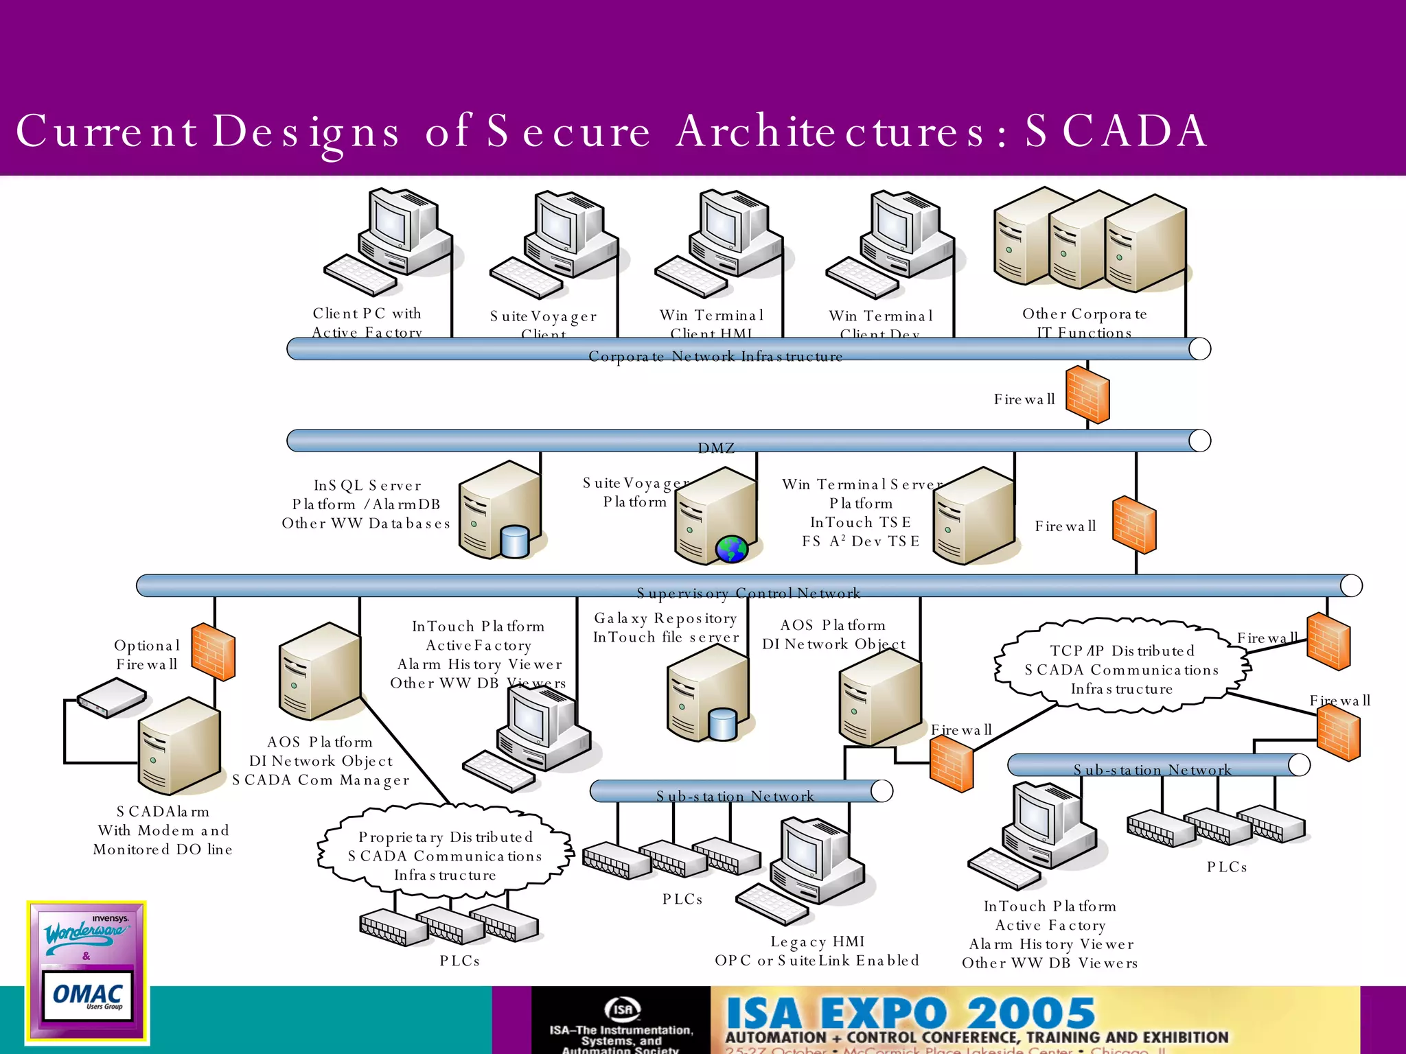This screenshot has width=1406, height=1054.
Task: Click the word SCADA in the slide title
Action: [1116, 131]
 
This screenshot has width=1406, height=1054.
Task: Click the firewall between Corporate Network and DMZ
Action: [1087, 395]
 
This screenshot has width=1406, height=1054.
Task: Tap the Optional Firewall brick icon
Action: [214, 651]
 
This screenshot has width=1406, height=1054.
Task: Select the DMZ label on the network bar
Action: [716, 448]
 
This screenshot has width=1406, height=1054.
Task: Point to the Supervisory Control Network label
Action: [748, 593]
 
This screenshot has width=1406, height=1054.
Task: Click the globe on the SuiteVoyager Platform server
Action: [732, 549]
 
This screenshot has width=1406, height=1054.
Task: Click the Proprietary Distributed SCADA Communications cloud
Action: [445, 856]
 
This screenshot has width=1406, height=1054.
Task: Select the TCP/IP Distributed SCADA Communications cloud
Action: [1121, 669]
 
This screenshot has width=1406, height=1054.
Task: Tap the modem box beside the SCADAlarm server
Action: [111, 697]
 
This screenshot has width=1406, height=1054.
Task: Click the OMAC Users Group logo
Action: [87, 995]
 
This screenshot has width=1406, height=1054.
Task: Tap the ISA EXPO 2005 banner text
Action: [910, 1014]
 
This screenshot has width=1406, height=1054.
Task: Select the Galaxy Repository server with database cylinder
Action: [707, 693]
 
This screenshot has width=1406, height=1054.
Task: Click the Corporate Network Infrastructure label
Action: [715, 357]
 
